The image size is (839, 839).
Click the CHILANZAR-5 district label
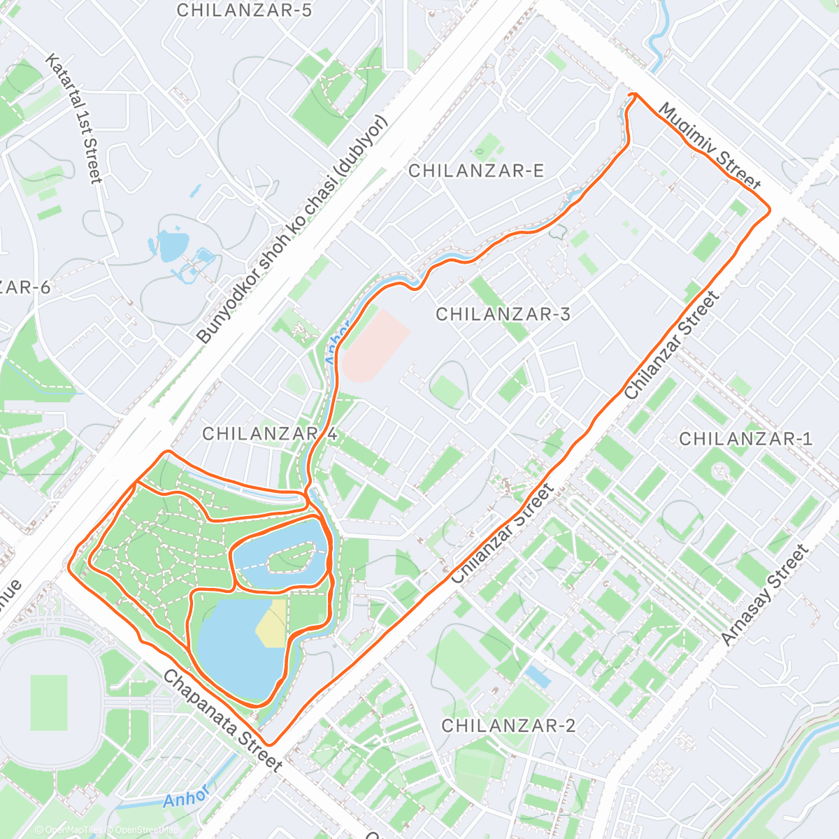[x=244, y=10]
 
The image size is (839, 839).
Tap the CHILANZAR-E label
[x=476, y=171]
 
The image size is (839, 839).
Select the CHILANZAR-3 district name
[x=503, y=315]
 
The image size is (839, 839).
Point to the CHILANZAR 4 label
[x=270, y=434]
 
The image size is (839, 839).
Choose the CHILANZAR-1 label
[x=746, y=439]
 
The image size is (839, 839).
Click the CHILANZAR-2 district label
[x=508, y=726]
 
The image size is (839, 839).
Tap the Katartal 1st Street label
[x=74, y=118]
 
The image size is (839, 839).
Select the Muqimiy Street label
[x=709, y=147]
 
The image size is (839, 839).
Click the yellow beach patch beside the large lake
[x=272, y=624]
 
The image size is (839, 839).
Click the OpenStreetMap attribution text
[x=148, y=831]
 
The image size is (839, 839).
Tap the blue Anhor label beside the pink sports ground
[x=336, y=342]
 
